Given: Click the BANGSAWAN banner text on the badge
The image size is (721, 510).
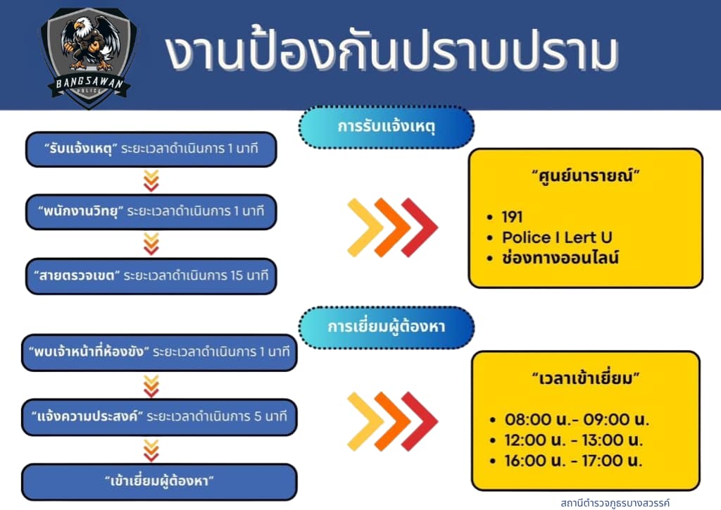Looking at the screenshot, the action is tap(89, 83).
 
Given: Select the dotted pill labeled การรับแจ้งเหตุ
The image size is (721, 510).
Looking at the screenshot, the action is tap(387, 127).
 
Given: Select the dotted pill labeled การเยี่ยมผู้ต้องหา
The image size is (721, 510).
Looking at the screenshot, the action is tap(387, 327).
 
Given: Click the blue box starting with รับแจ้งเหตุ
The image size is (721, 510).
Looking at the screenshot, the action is tap(151, 149).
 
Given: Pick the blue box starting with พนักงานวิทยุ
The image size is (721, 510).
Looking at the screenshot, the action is tap(151, 211).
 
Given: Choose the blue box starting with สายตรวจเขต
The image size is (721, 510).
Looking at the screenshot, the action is tap(151, 276).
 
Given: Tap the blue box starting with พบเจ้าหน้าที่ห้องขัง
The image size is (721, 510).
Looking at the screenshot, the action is tap(159, 352).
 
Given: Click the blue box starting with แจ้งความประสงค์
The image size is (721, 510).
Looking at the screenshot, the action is tap(159, 416).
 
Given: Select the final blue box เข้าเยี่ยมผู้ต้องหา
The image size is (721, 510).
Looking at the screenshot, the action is tap(159, 482).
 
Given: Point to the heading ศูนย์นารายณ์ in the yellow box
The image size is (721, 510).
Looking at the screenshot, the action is tap(586, 175).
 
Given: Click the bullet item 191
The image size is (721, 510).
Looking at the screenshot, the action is tap(512, 216).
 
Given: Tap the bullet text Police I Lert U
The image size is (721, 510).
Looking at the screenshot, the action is tap(557, 237).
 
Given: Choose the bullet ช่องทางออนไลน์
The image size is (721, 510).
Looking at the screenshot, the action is tap(560, 258).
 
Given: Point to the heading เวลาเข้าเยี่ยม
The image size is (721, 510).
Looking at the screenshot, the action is tap(586, 378).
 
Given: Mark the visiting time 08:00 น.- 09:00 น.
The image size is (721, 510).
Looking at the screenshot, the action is tap(577, 419).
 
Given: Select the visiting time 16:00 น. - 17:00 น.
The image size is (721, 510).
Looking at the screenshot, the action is tap(573, 460).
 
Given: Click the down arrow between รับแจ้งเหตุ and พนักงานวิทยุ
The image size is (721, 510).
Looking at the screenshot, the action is tap(151, 181).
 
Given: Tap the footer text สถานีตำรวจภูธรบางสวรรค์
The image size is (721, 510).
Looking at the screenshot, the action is tap(615, 503).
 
